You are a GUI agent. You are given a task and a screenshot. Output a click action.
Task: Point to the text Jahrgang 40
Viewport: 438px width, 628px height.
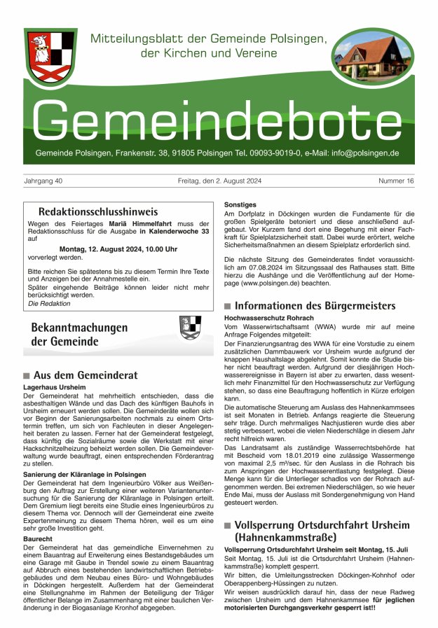click(x=43, y=181)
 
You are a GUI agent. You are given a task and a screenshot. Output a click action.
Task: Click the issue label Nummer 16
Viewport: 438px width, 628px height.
click(x=396, y=181)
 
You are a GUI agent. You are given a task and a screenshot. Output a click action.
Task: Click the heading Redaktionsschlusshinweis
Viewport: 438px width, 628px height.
click(x=98, y=211)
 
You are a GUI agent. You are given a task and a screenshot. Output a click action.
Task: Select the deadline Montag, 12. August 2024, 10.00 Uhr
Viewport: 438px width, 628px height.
click(x=118, y=249)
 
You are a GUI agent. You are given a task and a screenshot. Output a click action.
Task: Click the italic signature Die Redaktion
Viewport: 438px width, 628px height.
click(x=49, y=303)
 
